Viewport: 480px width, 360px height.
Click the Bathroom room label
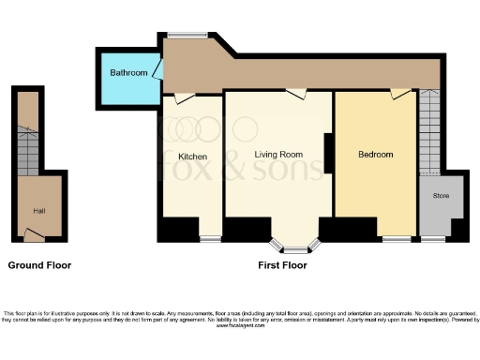click(x=128, y=72)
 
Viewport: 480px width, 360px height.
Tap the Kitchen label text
click(x=192, y=156)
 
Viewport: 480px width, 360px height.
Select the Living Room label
click(x=277, y=155)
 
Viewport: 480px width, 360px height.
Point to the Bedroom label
click(x=375, y=155)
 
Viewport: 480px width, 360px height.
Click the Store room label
click(x=441, y=196)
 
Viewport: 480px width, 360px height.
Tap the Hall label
click(x=39, y=211)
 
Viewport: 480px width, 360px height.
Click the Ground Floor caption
click(x=39, y=265)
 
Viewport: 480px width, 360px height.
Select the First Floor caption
click(x=282, y=265)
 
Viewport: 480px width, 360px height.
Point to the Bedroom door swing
click(x=400, y=94)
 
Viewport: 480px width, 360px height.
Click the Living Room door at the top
click(x=297, y=94)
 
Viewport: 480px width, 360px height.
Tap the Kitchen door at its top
click(x=184, y=96)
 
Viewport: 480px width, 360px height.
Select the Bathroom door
click(x=158, y=69)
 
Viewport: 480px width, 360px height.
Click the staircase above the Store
click(x=429, y=132)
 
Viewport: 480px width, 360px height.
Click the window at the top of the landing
click(x=194, y=37)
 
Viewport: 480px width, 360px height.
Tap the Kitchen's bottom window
click(x=210, y=240)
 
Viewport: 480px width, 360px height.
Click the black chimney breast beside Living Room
click(x=328, y=154)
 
